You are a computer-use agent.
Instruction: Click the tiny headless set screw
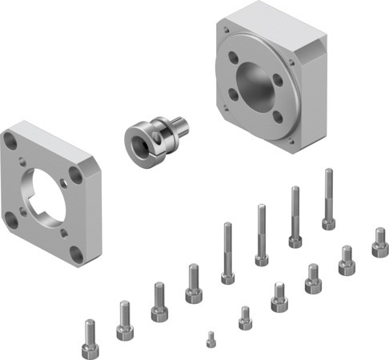pos(211,339)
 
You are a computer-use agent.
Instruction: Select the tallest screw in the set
pos(328,198)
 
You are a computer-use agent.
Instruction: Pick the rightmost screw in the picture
pos(379,242)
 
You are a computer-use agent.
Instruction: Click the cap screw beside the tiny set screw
pos(245,318)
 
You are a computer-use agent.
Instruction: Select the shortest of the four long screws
pos(228,252)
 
